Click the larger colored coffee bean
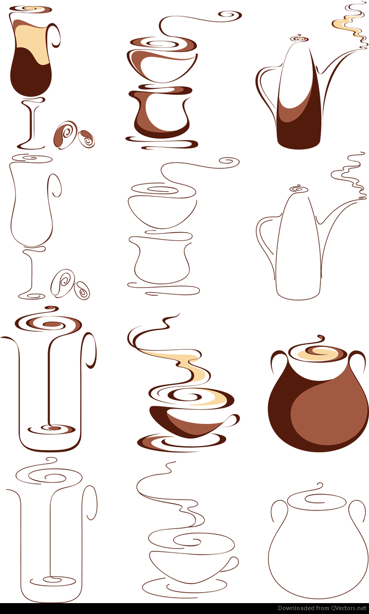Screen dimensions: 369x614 point(65,135)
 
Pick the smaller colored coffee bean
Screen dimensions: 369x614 point(86,139)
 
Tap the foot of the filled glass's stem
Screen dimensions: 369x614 point(31,146)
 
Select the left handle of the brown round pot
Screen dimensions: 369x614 point(276,360)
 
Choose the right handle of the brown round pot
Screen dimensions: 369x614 point(359,360)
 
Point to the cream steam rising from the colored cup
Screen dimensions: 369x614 point(184,366)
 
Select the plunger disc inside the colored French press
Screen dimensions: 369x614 point(51,429)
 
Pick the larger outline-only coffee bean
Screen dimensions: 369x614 point(63,283)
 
